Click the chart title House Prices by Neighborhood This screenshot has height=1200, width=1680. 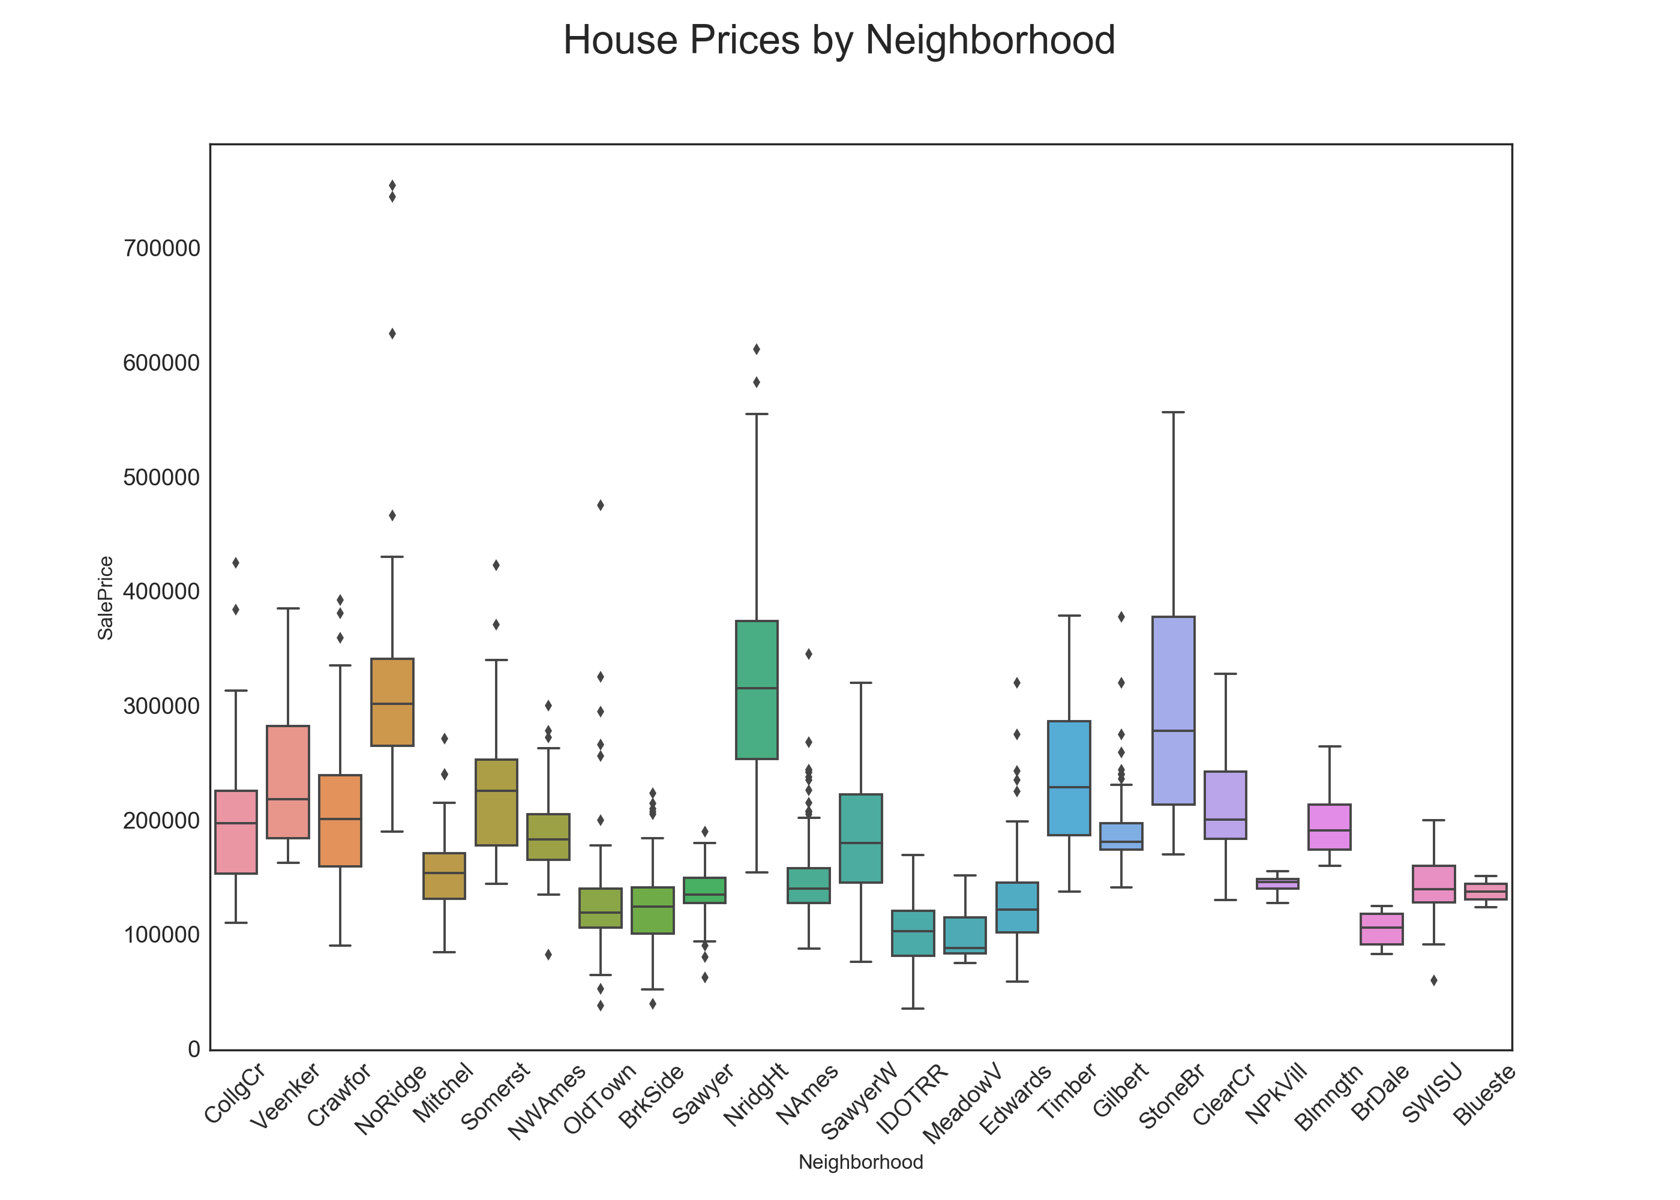[x=839, y=41]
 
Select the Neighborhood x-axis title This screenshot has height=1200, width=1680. [x=860, y=1162]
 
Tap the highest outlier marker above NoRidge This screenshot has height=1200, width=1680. [x=392, y=185]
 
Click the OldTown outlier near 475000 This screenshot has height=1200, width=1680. [x=601, y=505]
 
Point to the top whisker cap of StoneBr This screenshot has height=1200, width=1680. [x=1172, y=412]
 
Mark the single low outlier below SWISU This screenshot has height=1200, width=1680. [x=1433, y=980]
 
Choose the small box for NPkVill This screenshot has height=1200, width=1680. [x=1277, y=883]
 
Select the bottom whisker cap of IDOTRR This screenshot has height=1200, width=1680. [x=913, y=1008]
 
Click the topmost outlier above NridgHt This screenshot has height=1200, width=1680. [x=756, y=349]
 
